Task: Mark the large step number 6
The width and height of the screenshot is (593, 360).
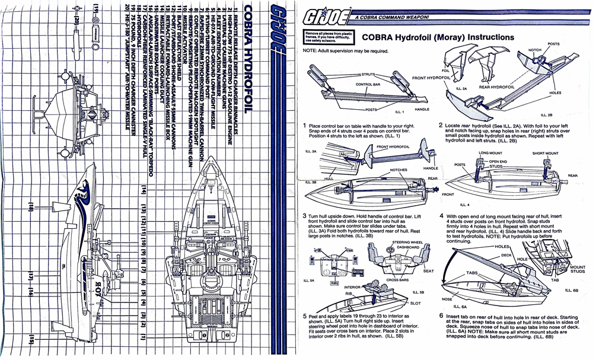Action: [442, 316]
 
